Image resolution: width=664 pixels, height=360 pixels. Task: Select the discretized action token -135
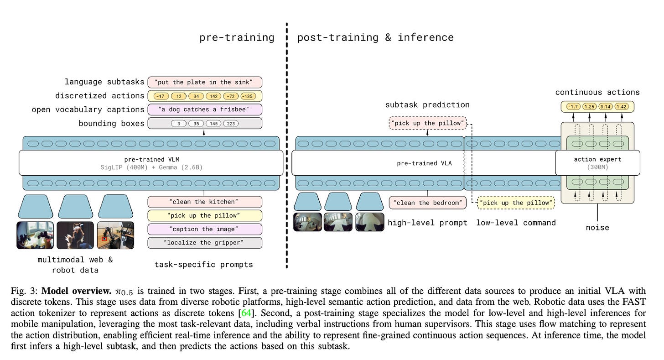tap(248, 96)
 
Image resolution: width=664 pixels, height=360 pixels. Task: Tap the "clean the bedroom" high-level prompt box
tap(428, 203)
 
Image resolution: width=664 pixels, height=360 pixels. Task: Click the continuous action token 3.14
tap(605, 107)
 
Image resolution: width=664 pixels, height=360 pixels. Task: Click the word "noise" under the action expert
tap(597, 227)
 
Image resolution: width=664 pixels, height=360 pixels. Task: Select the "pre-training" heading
tap(237, 37)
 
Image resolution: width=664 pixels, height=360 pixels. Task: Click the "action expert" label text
tap(597, 159)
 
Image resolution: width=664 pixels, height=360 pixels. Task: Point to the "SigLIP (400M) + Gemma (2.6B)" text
tap(151, 167)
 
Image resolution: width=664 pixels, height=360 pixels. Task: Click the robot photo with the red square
tap(116, 235)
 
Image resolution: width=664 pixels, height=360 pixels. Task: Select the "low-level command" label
tap(516, 223)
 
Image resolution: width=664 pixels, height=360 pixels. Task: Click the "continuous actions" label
tap(597, 92)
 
